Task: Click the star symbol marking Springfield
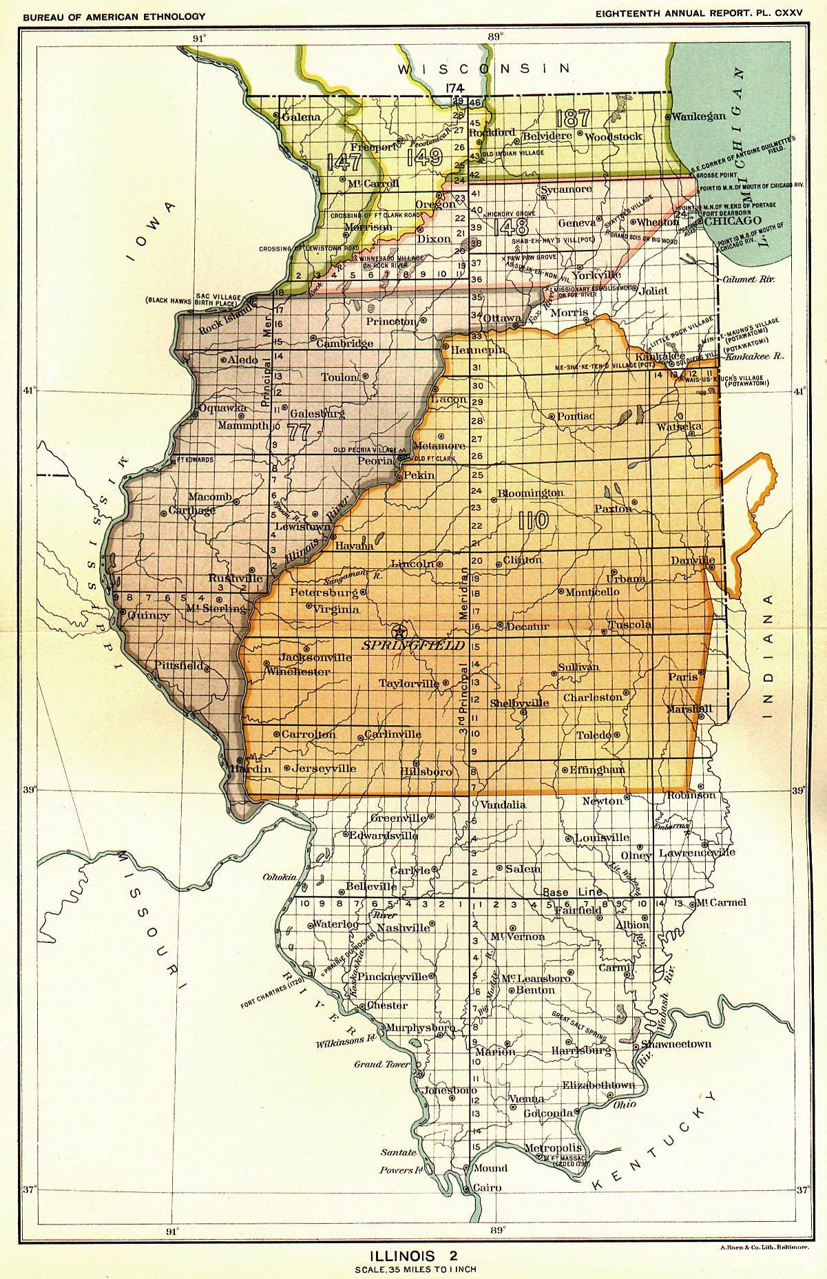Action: [x=398, y=631]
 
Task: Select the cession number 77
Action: [x=300, y=433]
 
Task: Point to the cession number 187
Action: [x=572, y=118]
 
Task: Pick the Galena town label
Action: [x=301, y=117]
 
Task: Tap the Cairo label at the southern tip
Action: [x=487, y=1187]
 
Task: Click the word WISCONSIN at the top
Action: [x=484, y=68]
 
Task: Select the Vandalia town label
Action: [x=503, y=804]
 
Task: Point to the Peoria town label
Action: [x=375, y=459]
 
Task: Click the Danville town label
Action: [x=693, y=561]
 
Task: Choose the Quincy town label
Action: [x=148, y=615]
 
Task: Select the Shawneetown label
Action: [x=676, y=1043]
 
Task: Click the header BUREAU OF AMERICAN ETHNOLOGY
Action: [x=114, y=16]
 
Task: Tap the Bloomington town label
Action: [x=530, y=493]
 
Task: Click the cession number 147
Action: [x=344, y=162]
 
